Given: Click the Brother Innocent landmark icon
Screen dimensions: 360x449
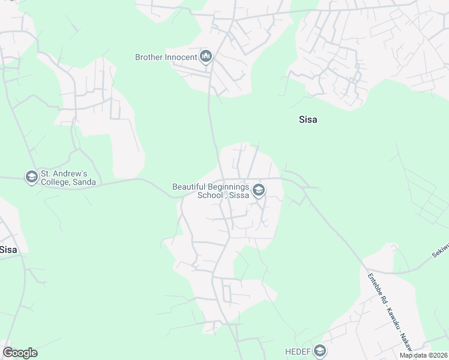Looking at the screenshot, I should [x=206, y=57].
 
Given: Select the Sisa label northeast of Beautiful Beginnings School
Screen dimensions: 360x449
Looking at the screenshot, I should [x=308, y=119].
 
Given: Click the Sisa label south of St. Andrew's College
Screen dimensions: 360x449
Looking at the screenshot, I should [x=8, y=250].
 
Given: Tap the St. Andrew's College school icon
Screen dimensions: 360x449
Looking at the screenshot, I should [x=31, y=177].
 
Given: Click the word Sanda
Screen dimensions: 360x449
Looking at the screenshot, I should [x=83, y=182].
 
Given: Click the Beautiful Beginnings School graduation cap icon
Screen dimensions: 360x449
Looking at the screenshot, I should [x=259, y=191].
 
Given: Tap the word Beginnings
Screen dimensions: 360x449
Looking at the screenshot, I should [x=229, y=187].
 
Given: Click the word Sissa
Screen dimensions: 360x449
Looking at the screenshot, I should [x=237, y=195].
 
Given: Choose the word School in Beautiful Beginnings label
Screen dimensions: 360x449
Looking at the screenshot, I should [x=211, y=195].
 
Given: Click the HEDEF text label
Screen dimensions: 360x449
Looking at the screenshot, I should [x=297, y=351].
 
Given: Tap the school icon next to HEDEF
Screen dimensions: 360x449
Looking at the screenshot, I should [x=320, y=351].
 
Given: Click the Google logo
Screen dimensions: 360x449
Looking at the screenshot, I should [x=20, y=353].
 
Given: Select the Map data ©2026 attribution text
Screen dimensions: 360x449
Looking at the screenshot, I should [x=423, y=355].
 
